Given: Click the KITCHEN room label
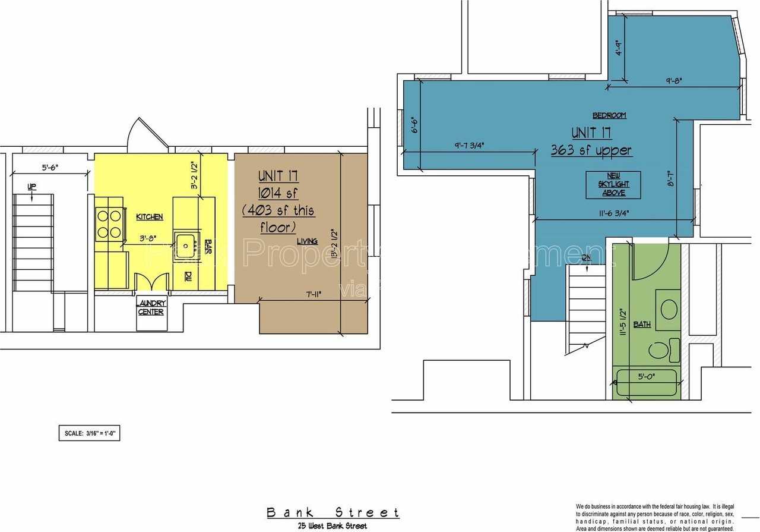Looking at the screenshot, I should [x=149, y=217].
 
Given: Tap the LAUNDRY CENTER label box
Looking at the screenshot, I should [x=151, y=308].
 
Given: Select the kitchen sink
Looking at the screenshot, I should [x=185, y=243].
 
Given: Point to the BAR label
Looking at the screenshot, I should [x=208, y=247].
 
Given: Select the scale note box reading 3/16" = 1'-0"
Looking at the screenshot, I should [x=88, y=433].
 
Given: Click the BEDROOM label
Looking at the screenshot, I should [x=609, y=115].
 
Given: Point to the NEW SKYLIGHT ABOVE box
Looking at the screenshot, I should [x=613, y=184].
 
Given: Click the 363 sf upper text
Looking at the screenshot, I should [x=591, y=150].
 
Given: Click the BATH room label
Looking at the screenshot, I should [x=642, y=325].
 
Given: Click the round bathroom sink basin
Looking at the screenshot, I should [x=669, y=308].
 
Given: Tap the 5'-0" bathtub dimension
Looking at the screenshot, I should [x=646, y=376].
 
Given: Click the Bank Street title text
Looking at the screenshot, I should [x=332, y=512].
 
